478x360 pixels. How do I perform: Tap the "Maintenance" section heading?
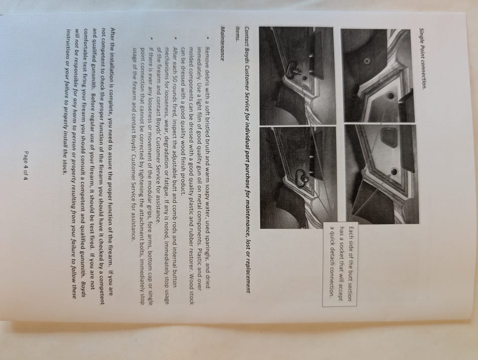click(222, 44)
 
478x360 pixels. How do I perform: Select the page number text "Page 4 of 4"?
click(26, 165)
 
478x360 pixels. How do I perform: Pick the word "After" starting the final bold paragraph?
click(113, 35)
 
